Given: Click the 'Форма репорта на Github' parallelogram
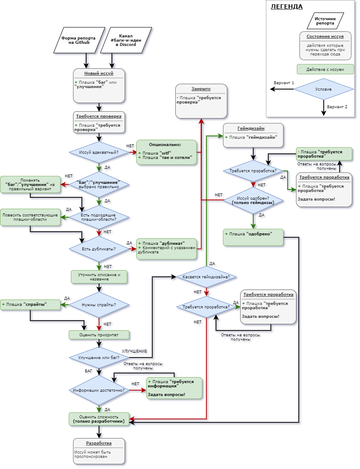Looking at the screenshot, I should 79,40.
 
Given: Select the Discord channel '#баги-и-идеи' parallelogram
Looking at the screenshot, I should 126,40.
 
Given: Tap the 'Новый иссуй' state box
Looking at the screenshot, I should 99,85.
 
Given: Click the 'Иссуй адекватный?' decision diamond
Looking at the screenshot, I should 99,152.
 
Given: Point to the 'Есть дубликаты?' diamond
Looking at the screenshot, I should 99,249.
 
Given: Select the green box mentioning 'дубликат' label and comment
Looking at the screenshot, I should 166,249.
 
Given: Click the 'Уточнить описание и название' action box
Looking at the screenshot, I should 99,277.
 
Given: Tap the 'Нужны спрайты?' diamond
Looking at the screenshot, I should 99,305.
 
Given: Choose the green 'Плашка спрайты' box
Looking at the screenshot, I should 30,305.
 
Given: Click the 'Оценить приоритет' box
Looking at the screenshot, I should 99,335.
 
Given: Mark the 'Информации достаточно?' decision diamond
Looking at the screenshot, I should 99,390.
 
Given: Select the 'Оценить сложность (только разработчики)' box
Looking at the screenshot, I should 99,419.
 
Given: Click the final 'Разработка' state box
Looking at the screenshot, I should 99,451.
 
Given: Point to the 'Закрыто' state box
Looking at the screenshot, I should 201,101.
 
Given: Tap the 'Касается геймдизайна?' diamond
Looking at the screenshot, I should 206,277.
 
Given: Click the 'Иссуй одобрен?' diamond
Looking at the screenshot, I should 253,200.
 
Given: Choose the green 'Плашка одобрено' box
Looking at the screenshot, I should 253,238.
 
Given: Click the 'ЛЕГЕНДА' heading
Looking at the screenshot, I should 286,7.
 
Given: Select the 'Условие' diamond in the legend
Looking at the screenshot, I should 323,89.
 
